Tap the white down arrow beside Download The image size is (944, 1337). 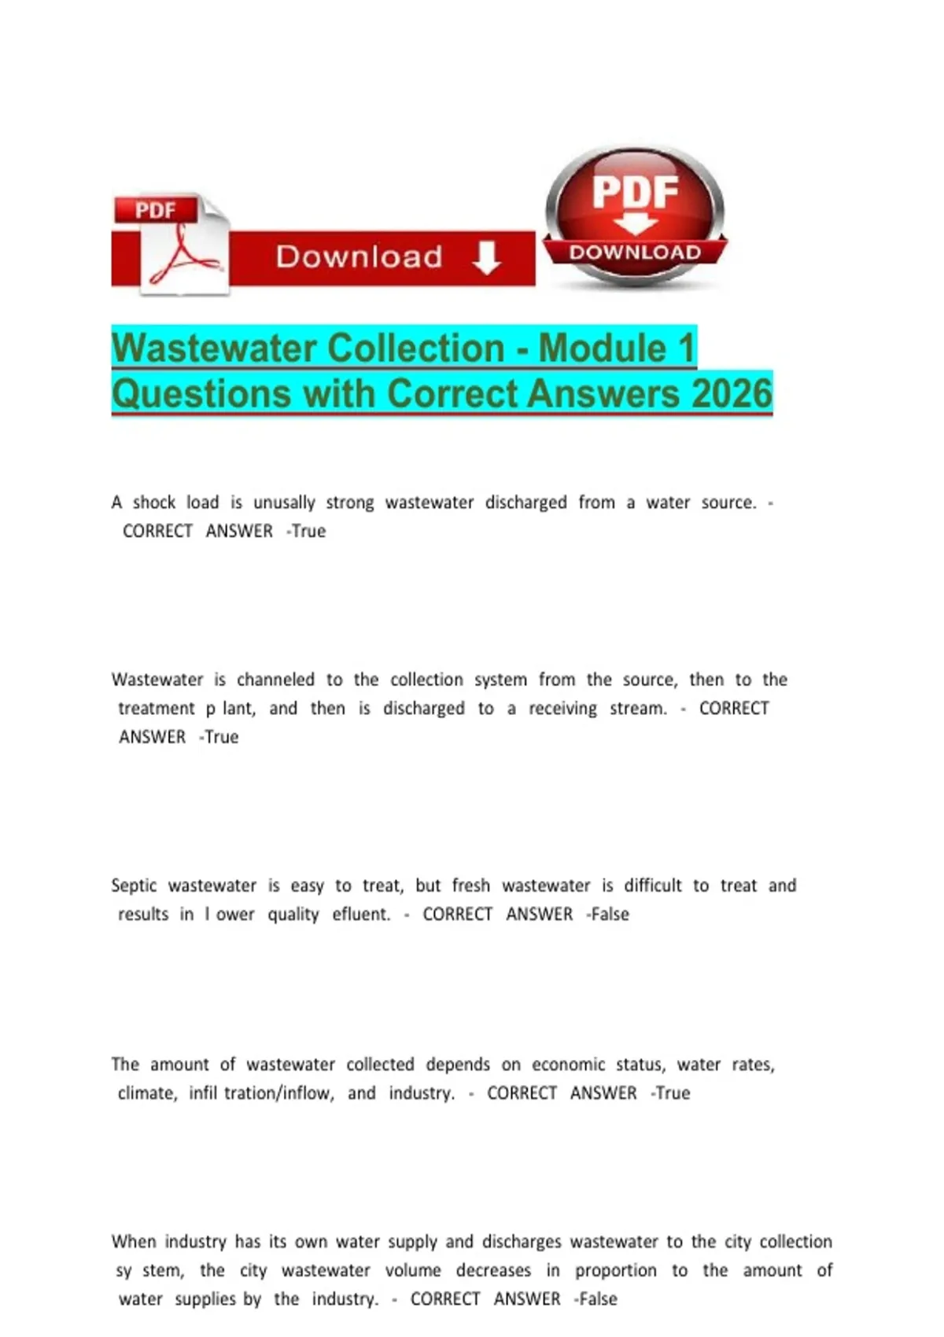point(487,257)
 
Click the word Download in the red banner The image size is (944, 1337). point(359,257)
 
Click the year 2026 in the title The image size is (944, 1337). point(732,393)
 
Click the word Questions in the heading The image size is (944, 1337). point(201,393)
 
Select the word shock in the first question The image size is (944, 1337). point(153,503)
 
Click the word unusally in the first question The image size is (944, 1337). point(284,503)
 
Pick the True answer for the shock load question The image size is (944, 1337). point(308,532)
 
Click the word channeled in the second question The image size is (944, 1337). point(275,680)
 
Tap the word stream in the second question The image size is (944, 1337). point(637,709)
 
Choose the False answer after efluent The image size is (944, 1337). point(610,915)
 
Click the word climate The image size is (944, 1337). point(147,1093)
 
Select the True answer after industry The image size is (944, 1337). point(673,1093)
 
